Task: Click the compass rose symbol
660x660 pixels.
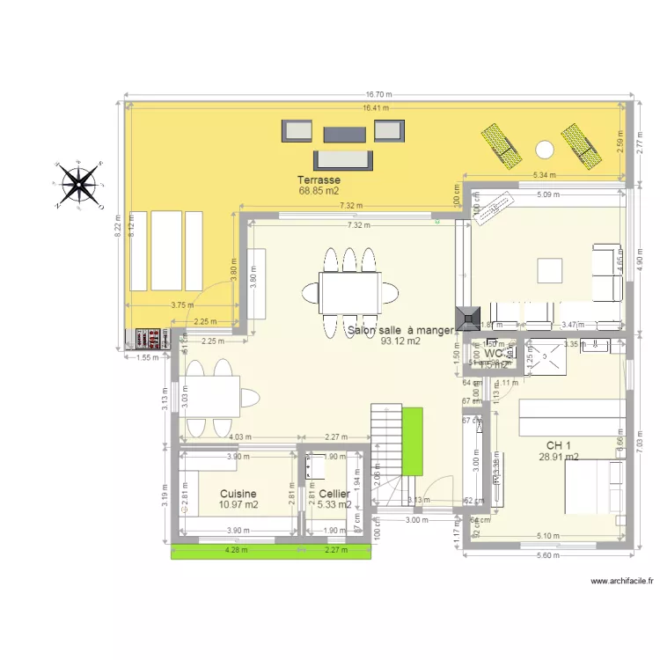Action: pos(80,184)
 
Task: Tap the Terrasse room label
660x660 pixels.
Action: pos(319,180)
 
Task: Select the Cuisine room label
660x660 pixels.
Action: pos(238,495)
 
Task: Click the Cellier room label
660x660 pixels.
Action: pos(334,495)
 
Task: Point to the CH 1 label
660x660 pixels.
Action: pos(559,445)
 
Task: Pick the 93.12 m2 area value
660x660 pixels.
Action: pos(400,342)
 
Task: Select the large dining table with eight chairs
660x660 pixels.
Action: pos(349,292)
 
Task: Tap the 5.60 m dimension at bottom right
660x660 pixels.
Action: pos(547,554)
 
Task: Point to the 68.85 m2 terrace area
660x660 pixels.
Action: pos(319,190)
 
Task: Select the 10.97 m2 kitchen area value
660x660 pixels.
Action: pos(238,505)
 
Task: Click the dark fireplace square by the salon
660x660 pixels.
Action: pos(467,317)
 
